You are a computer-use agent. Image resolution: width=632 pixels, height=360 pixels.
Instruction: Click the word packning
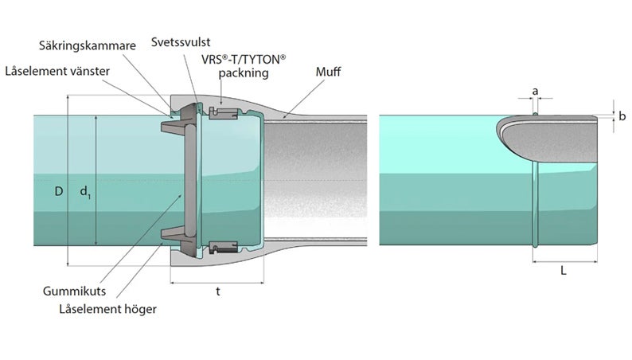click(244, 72)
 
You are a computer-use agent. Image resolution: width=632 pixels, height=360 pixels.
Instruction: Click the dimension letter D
click(58, 192)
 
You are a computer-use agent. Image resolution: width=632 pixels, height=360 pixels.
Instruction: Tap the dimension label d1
click(86, 192)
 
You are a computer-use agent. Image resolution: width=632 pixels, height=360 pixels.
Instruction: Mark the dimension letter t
click(217, 292)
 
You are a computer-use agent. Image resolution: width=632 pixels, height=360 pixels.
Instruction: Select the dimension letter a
click(535, 92)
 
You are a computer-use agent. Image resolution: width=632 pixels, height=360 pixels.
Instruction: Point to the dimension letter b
click(622, 116)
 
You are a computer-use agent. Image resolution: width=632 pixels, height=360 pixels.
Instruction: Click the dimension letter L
click(563, 271)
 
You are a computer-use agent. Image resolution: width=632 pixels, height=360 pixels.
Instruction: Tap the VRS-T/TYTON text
click(244, 60)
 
